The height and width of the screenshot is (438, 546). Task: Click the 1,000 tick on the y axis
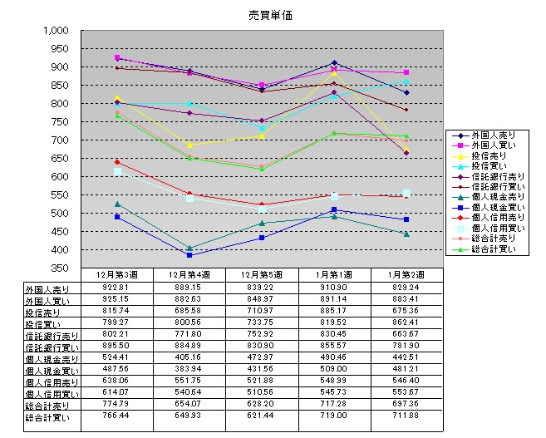click(x=58, y=30)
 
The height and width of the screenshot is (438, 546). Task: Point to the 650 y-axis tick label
click(x=63, y=158)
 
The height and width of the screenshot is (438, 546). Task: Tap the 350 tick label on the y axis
click(x=63, y=268)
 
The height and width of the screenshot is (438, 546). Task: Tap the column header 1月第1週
click(x=334, y=274)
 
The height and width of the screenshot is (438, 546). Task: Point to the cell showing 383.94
click(x=189, y=367)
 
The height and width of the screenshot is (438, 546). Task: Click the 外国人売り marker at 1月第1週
click(x=334, y=63)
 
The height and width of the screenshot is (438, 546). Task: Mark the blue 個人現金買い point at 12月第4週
click(x=189, y=255)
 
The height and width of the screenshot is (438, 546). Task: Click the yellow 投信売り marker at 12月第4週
click(x=189, y=145)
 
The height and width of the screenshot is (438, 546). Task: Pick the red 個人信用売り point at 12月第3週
click(x=117, y=162)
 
